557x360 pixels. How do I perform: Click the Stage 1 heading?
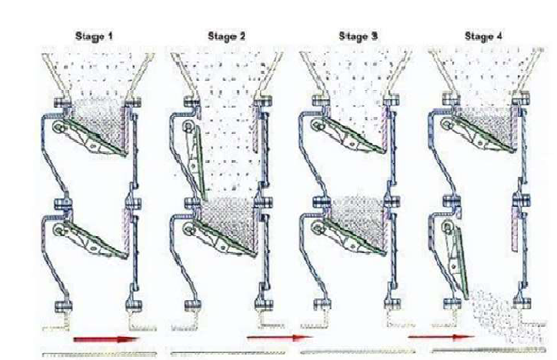(x=94, y=36)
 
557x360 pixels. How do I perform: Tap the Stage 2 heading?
(x=226, y=36)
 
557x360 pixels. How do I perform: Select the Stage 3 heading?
(x=358, y=36)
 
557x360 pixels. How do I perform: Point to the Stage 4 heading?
(x=483, y=36)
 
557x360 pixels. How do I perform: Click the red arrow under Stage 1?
(x=105, y=339)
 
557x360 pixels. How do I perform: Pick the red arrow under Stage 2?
(x=280, y=338)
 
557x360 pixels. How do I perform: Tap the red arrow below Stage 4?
(x=441, y=337)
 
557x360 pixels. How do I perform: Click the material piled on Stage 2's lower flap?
(x=231, y=220)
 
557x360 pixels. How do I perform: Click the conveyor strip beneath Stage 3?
(x=358, y=352)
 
